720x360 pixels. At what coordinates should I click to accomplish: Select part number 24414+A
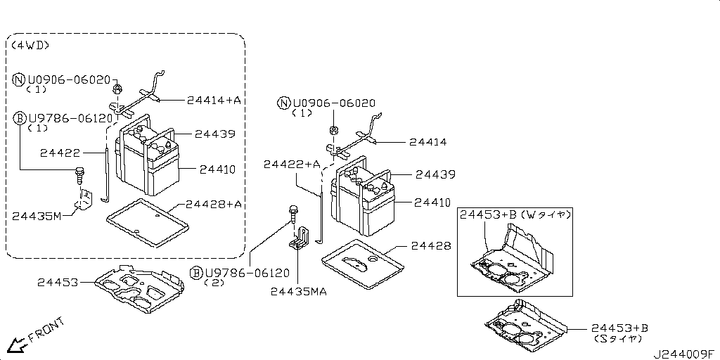pyautogui.click(x=214, y=101)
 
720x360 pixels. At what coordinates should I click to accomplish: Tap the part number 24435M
pyautogui.click(x=37, y=215)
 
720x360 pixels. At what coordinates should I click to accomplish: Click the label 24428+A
pyautogui.click(x=214, y=204)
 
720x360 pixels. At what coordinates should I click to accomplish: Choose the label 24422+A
pyautogui.click(x=292, y=164)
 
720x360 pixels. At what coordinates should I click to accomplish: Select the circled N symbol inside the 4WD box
pyautogui.click(x=20, y=79)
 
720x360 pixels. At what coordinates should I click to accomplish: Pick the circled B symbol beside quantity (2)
pyautogui.click(x=196, y=272)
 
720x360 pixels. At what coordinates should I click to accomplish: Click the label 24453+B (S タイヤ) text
pyautogui.click(x=619, y=333)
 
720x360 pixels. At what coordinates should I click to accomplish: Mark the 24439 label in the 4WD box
pyautogui.click(x=214, y=134)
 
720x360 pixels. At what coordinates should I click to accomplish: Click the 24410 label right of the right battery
pyautogui.click(x=432, y=202)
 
